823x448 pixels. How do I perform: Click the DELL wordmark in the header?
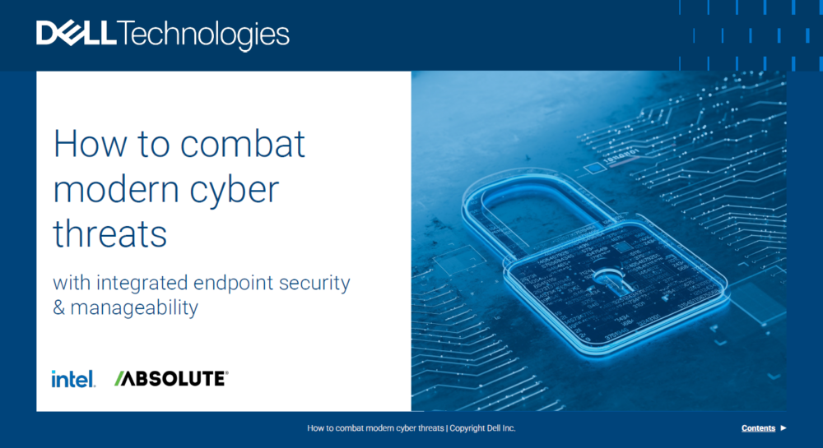tap(77, 35)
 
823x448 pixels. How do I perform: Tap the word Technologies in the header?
tap(205, 35)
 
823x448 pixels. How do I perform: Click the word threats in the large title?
tap(109, 234)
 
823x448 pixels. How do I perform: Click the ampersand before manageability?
tap(58, 309)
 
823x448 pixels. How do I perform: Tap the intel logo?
tap(73, 379)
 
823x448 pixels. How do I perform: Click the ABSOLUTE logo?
tap(171, 379)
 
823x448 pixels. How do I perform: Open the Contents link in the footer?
tap(758, 428)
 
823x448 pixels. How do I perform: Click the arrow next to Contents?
tap(783, 428)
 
